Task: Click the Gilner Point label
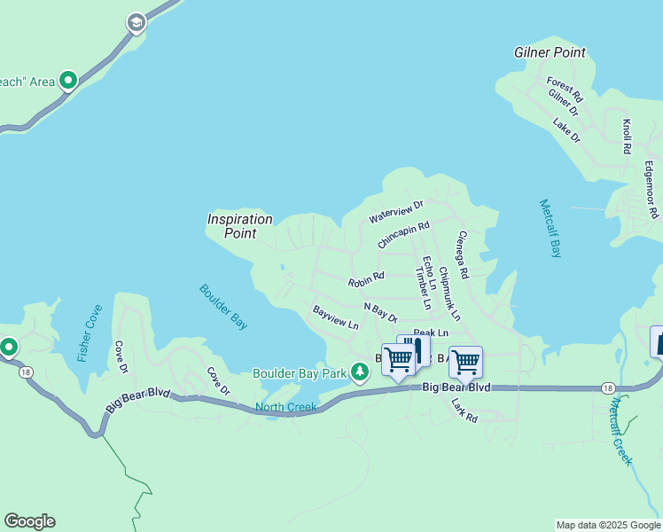point(550,52)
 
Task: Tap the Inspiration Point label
point(239,226)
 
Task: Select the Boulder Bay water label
point(222,307)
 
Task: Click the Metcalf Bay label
point(550,228)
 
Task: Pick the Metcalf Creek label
point(620,431)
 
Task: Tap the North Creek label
point(285,408)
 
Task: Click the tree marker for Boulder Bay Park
point(359,372)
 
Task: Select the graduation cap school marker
point(136,22)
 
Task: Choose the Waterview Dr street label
point(397,212)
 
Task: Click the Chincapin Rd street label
point(403,235)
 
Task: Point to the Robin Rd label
point(366,279)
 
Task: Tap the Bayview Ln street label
point(335,317)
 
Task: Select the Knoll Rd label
point(627,137)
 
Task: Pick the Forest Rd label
point(565,88)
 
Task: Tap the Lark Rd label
point(464,409)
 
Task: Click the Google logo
point(29,521)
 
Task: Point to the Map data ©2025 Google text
point(607,525)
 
